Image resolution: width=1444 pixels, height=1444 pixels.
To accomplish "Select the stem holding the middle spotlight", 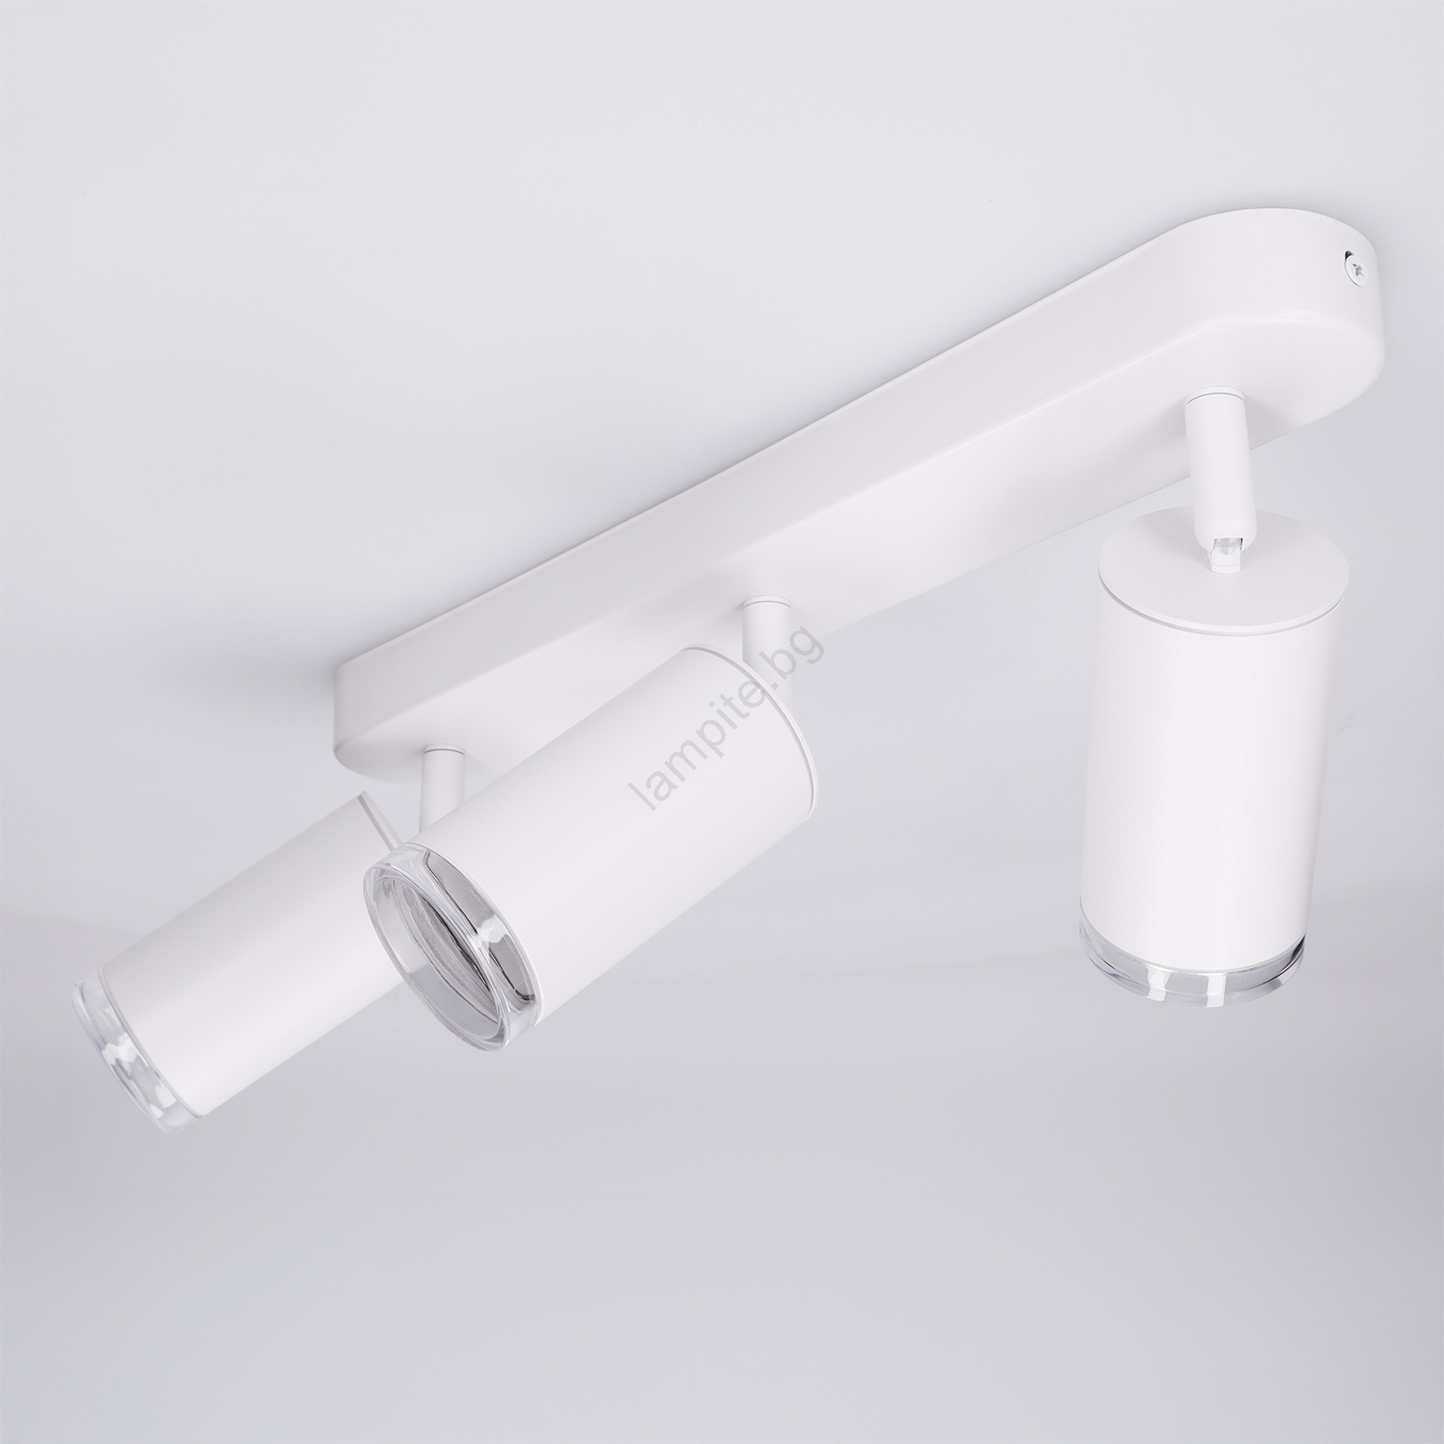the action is click(765, 631).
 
